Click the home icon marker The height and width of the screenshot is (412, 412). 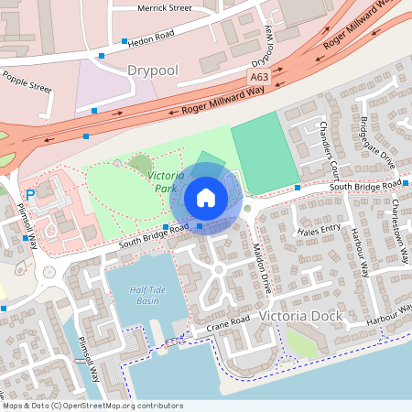tap(206, 197)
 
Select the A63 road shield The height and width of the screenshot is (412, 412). tap(260, 80)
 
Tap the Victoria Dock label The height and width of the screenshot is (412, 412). tap(300, 316)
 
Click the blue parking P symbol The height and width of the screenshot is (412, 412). tap(30, 194)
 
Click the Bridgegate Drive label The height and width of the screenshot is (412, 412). tap(377, 145)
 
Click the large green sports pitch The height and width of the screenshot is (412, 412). tap(266, 153)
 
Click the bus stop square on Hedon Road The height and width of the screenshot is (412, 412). tap(124, 41)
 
